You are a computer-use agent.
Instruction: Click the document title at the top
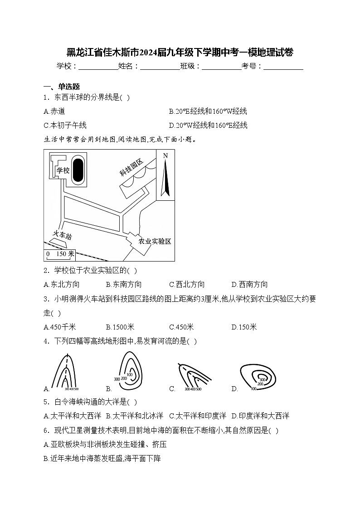[x=180, y=52]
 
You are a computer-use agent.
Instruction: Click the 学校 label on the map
[x=63, y=170]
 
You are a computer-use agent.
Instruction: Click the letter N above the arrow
[x=165, y=156]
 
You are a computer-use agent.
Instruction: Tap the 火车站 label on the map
[x=62, y=236]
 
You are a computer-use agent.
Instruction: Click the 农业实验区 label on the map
[x=155, y=241]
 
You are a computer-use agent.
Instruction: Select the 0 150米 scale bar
[x=59, y=254]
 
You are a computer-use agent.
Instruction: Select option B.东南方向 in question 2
[x=123, y=284]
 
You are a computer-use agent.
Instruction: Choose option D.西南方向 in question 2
[x=249, y=284]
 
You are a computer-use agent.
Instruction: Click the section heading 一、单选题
[x=62, y=87]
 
